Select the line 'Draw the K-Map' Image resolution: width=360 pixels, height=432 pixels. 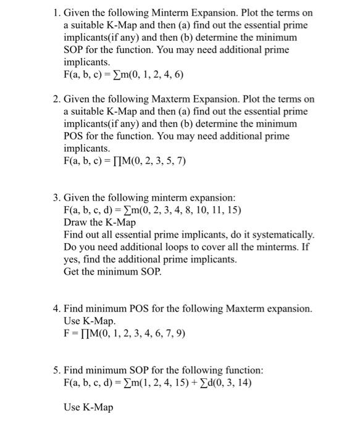pyautogui.click(x=99, y=222)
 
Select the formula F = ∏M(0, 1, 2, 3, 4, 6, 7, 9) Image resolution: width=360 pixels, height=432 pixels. pyautogui.click(x=124, y=334)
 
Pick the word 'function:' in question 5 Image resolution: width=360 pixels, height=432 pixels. pyautogui.click(x=243, y=370)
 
